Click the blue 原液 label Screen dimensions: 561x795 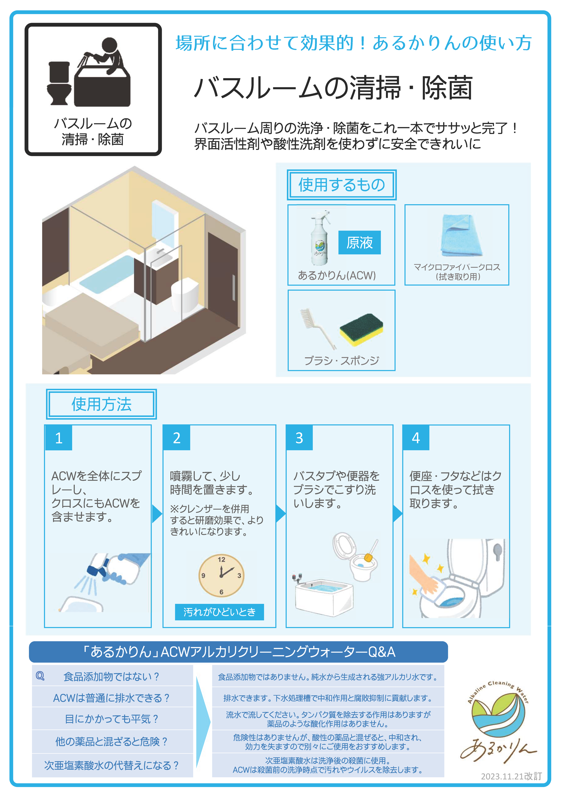(360, 242)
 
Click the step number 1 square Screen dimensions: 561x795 (59, 438)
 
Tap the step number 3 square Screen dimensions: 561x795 (299, 438)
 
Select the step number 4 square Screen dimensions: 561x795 (416, 438)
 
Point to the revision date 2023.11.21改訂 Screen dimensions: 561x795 (511, 776)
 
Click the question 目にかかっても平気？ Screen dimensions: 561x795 (112, 719)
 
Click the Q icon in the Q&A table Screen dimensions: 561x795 (40, 676)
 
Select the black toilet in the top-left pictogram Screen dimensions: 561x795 (59, 83)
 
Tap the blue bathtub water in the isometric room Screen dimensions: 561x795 (107, 271)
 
